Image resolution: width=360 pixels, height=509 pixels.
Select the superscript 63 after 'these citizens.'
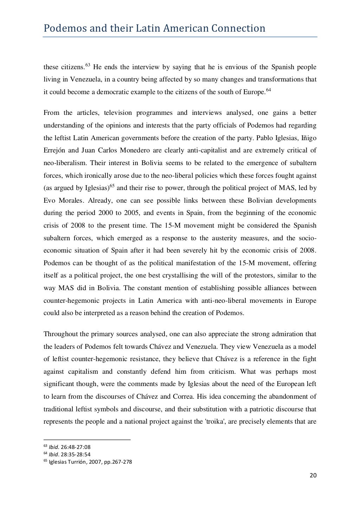pyautogui.click(x=88, y=64)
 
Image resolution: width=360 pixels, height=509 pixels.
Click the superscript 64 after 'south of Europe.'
pyautogui.click(x=268, y=90)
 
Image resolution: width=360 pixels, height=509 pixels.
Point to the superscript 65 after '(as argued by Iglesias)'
pyautogui.click(x=112, y=185)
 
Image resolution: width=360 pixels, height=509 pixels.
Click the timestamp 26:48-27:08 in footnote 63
pyautogui.click(x=76, y=447)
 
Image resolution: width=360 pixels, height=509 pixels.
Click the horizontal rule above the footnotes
pyautogui.click(x=87, y=439)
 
